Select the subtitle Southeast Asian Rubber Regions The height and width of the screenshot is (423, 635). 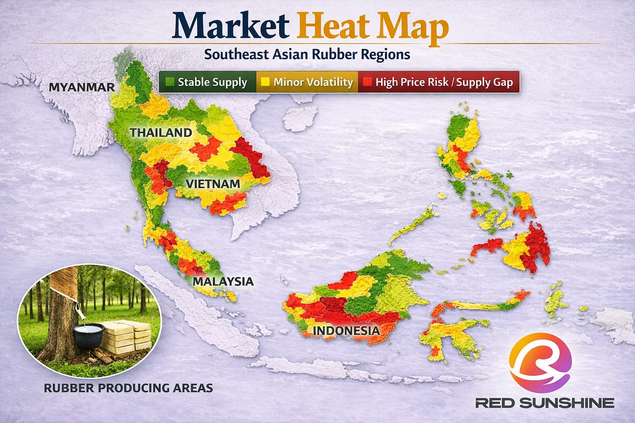pyautogui.click(x=307, y=54)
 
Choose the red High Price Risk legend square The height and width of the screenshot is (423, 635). pyautogui.click(x=366, y=82)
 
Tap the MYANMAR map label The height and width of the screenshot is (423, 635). pyautogui.click(x=82, y=87)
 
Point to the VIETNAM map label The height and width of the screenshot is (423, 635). pyautogui.click(x=213, y=184)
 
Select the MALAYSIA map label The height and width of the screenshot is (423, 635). pyautogui.click(x=223, y=281)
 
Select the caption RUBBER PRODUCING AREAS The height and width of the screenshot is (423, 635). pyautogui.click(x=128, y=388)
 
